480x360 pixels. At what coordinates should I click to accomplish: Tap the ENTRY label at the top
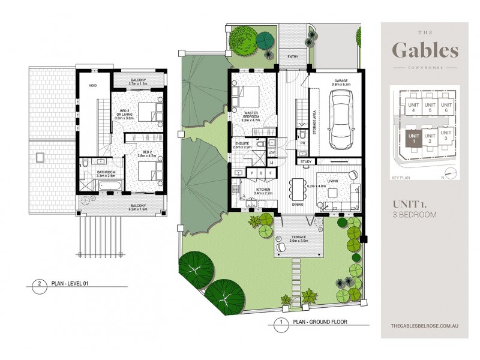tap(293, 57)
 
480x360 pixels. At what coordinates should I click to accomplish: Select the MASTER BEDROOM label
tap(251, 114)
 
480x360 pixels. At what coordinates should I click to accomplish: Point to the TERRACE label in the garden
tap(298, 239)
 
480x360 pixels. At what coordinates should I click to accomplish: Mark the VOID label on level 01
tap(93, 86)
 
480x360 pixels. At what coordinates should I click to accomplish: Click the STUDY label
tap(305, 161)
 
